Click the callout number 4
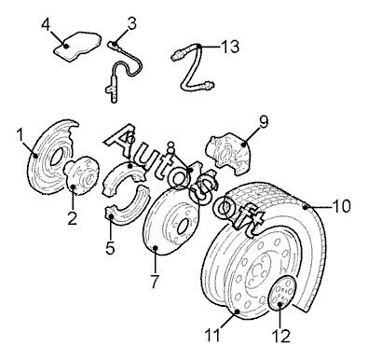pos(46,24)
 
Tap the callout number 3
pos(131,23)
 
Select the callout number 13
pos(230,47)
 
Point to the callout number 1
pos(20,135)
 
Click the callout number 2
pos(72,218)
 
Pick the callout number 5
pos(110,248)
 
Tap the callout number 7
pos(155,282)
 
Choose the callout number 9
pos(263,122)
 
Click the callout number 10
pos(341,206)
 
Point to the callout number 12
pos(281,336)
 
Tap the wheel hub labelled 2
pos(81,175)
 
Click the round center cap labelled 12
pos(280,293)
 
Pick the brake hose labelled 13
pos(192,66)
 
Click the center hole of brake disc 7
pos(183,228)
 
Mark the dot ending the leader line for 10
pos(306,207)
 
